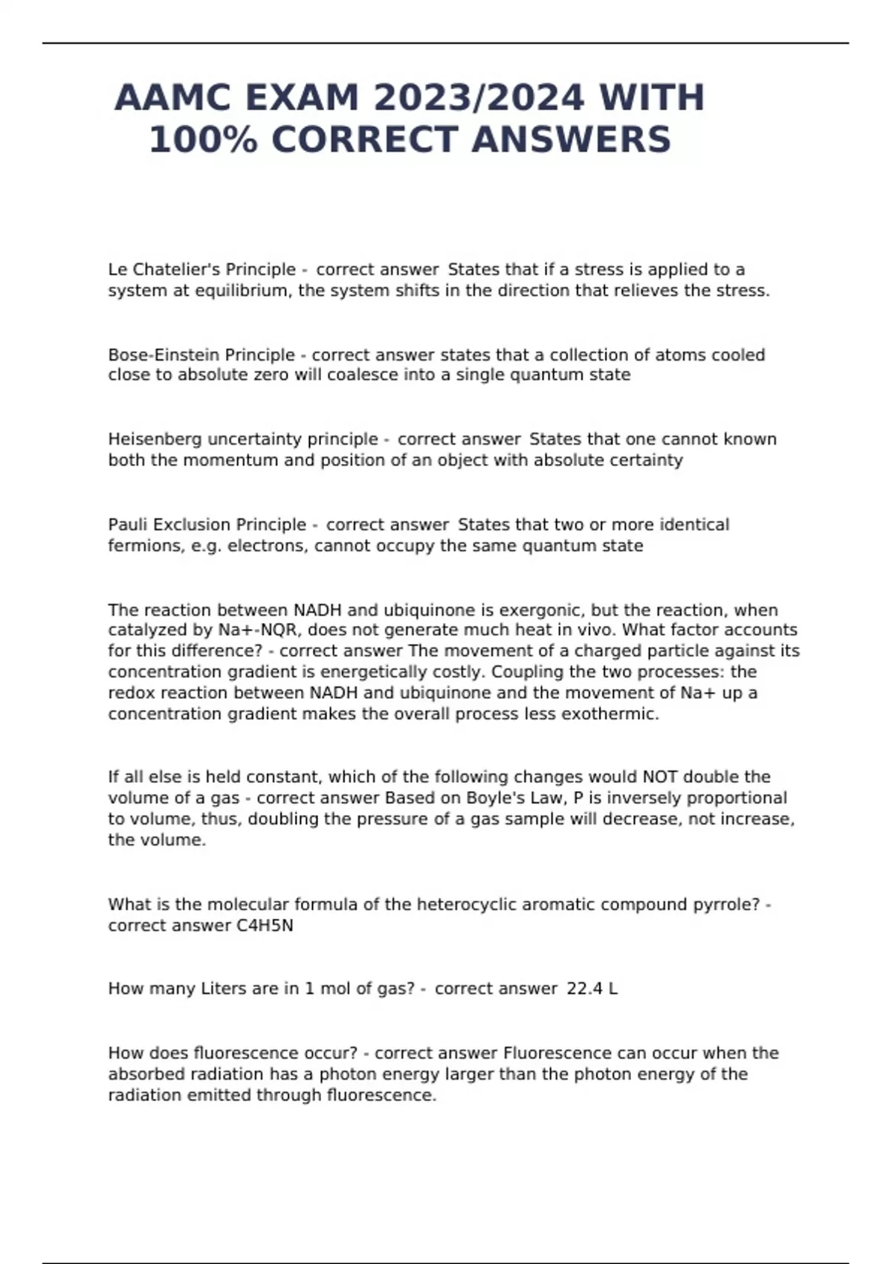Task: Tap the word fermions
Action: tap(143, 546)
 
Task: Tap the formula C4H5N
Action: tap(265, 926)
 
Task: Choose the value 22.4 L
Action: tap(592, 989)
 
